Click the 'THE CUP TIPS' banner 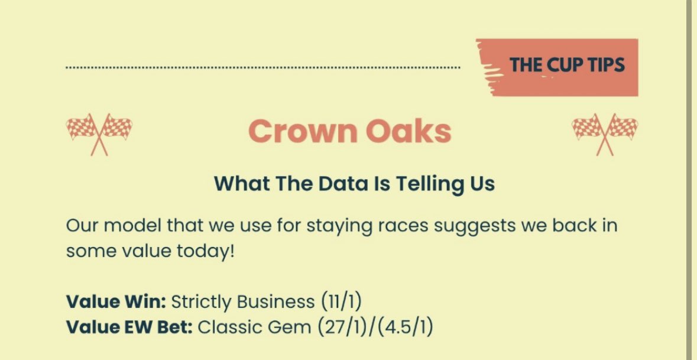[x=566, y=64]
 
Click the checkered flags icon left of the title [x=99, y=134]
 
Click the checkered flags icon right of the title [x=605, y=134]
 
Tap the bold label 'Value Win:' [x=116, y=301]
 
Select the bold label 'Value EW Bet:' [x=129, y=327]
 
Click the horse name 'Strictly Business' [x=243, y=301]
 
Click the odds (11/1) [x=341, y=301]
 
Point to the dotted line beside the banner [x=262, y=68]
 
